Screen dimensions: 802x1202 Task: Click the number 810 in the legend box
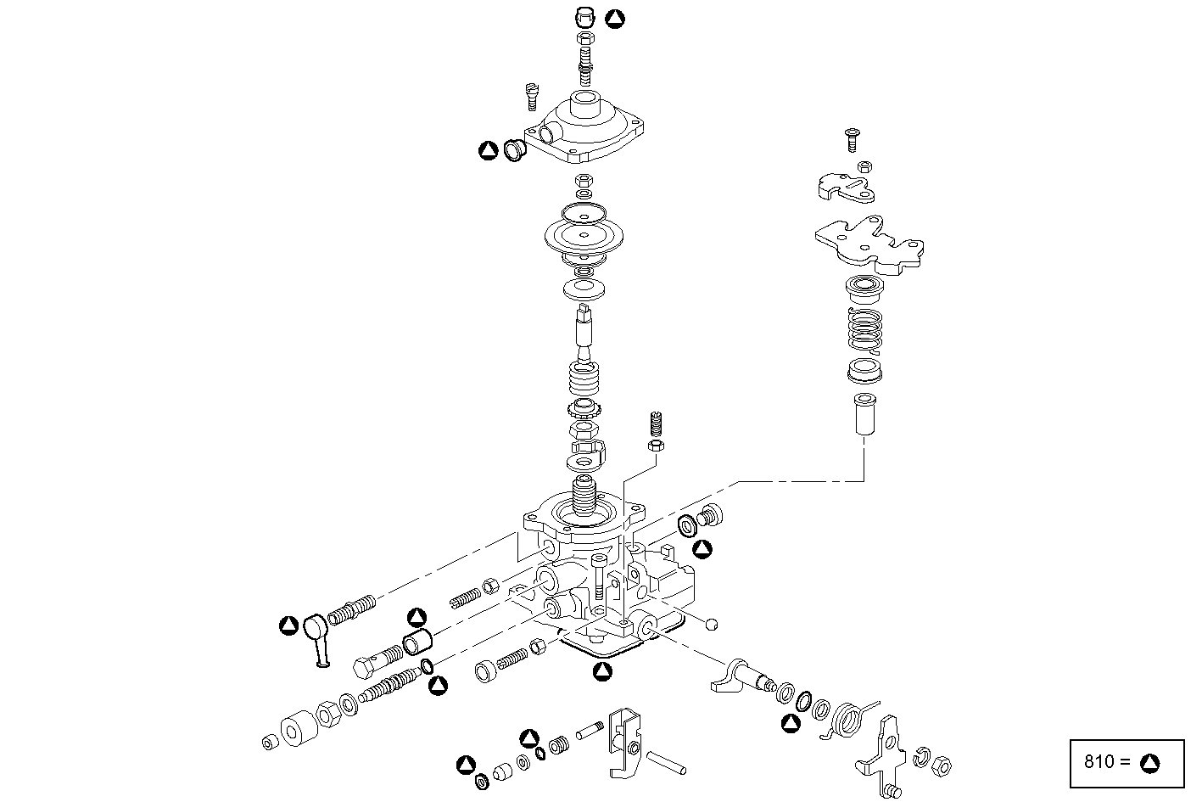click(1100, 761)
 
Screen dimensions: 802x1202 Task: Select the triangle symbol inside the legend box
click(1149, 762)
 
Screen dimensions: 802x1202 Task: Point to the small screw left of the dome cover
click(533, 94)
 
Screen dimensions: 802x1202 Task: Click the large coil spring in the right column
click(865, 330)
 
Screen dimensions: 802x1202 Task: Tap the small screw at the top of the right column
click(853, 138)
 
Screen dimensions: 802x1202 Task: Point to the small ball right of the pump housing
click(713, 625)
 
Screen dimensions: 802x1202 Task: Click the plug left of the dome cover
click(514, 151)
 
